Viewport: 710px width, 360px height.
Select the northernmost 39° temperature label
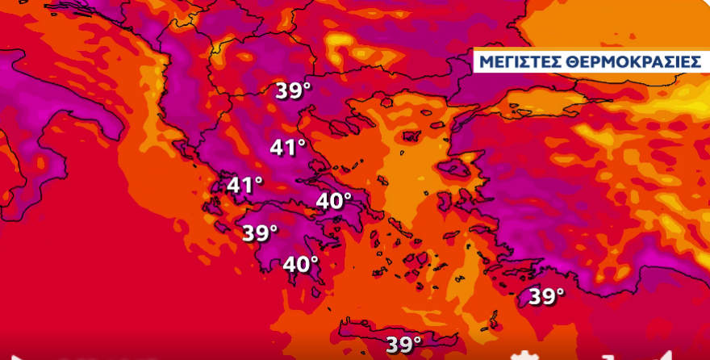(293, 90)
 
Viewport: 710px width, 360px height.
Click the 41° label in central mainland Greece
(288, 148)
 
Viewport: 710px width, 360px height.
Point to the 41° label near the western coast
(244, 185)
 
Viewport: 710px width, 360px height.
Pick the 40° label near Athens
(334, 200)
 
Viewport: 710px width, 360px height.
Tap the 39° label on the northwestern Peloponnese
(260, 232)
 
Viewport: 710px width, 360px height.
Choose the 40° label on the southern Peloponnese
(300, 264)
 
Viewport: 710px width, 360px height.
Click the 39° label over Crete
(403, 344)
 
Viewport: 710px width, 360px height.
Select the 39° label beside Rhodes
(546, 296)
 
